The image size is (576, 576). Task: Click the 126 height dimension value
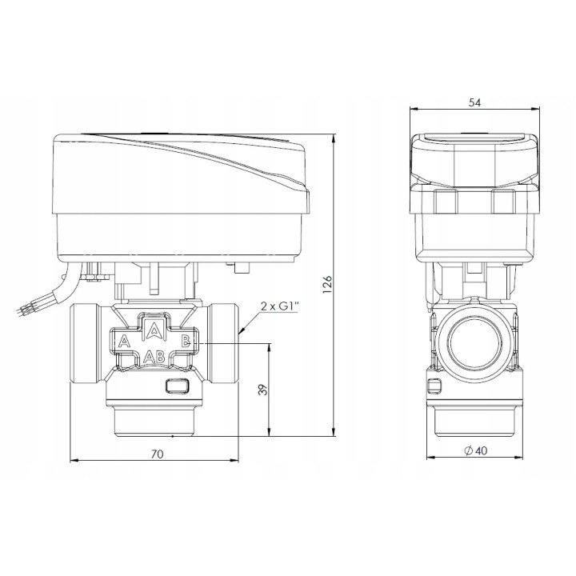click(x=327, y=284)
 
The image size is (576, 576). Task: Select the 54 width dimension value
click(x=474, y=102)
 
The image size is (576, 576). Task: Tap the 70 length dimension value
click(x=158, y=454)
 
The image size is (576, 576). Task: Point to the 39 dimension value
click(x=263, y=390)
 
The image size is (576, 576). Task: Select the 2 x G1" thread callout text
click(x=279, y=306)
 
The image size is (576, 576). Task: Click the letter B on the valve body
click(x=186, y=342)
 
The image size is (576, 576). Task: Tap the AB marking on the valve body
click(x=154, y=356)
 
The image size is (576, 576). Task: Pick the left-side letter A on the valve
click(x=124, y=342)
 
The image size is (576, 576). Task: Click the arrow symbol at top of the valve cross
click(x=154, y=329)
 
